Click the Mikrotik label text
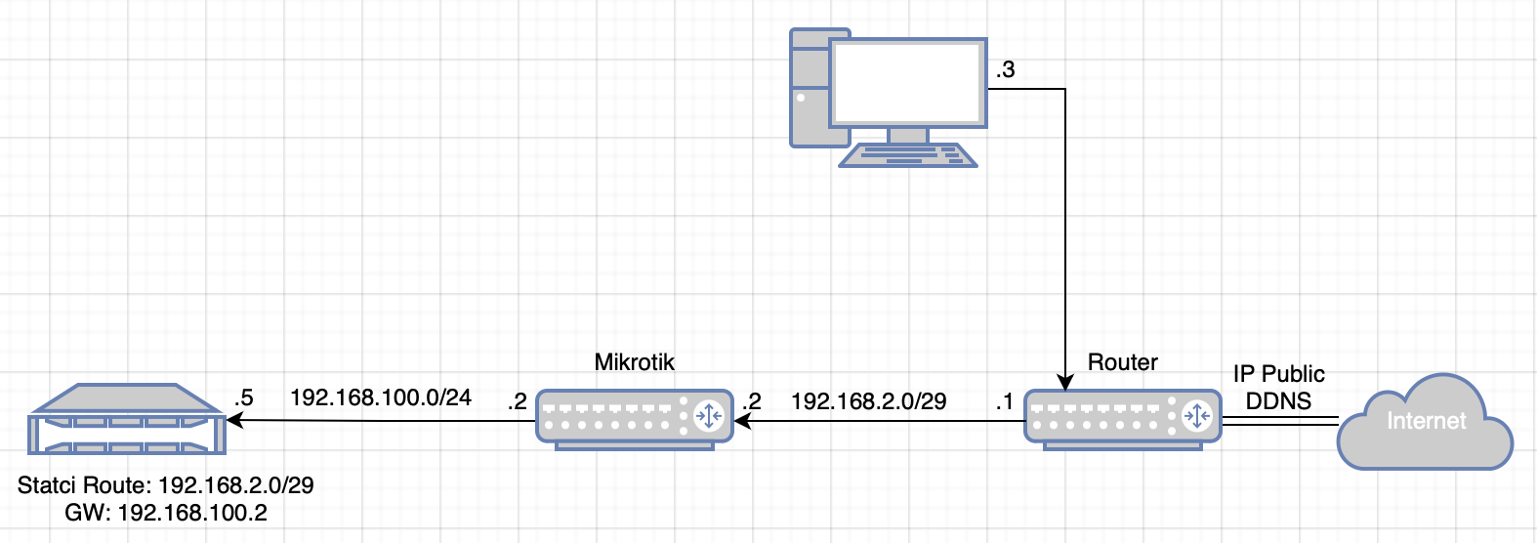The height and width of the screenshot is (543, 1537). tap(634, 362)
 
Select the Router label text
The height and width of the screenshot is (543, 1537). tap(1122, 362)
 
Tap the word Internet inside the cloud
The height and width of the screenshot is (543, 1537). tap(1426, 421)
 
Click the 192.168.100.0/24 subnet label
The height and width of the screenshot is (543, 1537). tap(381, 397)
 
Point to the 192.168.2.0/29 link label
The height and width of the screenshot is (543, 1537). tap(868, 401)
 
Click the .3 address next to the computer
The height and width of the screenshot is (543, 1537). tap(1005, 70)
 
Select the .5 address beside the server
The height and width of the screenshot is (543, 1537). tap(243, 397)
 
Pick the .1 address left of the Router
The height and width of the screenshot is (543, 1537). tap(1004, 401)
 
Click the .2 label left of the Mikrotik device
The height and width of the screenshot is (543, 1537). tap(517, 401)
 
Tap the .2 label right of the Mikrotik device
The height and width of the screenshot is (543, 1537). tap(751, 401)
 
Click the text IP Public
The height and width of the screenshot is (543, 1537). tap(1278, 374)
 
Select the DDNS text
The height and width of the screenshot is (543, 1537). tap(1278, 400)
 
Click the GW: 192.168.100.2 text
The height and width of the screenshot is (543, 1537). tap(166, 513)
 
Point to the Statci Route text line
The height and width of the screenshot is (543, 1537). tap(166, 485)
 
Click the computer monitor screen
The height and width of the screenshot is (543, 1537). tap(907, 83)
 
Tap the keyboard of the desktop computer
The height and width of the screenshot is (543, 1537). tap(908, 155)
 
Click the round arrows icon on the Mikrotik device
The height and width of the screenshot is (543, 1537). tap(708, 417)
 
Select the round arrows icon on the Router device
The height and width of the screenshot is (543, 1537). tap(1196, 417)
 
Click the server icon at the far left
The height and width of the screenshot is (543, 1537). tap(128, 419)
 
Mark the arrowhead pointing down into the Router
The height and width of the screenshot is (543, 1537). tap(1064, 382)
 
